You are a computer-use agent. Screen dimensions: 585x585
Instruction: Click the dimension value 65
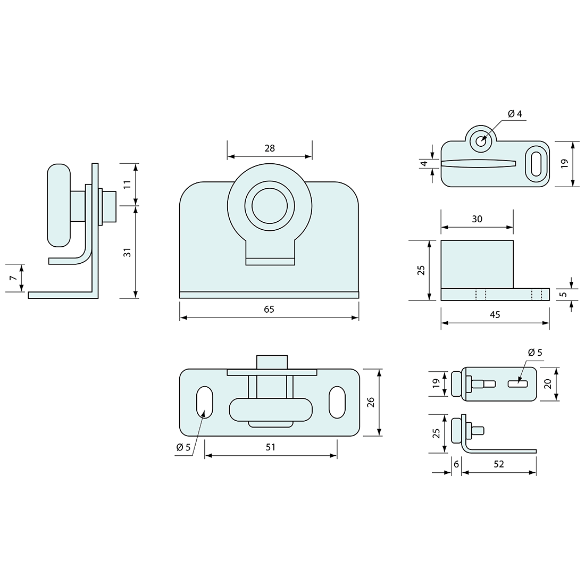269,310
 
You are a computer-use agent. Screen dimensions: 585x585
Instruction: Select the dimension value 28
270,148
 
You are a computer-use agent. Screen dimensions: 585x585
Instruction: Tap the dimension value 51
271,447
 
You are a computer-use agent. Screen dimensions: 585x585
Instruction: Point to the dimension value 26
371,402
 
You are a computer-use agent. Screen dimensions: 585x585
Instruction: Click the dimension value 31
128,252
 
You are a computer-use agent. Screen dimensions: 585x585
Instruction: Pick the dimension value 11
128,184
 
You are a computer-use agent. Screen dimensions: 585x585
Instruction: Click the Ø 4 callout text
515,114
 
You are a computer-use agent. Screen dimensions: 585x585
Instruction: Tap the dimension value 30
477,219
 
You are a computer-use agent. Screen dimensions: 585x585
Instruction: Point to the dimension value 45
495,314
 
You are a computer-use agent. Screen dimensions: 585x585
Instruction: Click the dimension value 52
499,464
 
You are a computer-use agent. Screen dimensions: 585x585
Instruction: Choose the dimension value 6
456,464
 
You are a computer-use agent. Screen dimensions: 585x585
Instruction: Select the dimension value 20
548,384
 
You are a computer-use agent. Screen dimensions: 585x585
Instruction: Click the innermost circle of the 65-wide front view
270,206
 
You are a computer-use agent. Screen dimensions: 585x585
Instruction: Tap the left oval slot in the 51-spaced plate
204,403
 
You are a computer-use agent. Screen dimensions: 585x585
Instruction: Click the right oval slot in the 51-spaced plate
337,403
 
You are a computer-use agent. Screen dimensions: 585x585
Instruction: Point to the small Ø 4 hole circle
481,141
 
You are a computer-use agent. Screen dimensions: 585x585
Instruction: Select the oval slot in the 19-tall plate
537,164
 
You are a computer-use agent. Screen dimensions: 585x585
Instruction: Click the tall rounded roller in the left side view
59,205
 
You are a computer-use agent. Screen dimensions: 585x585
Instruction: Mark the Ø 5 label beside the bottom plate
183,447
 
